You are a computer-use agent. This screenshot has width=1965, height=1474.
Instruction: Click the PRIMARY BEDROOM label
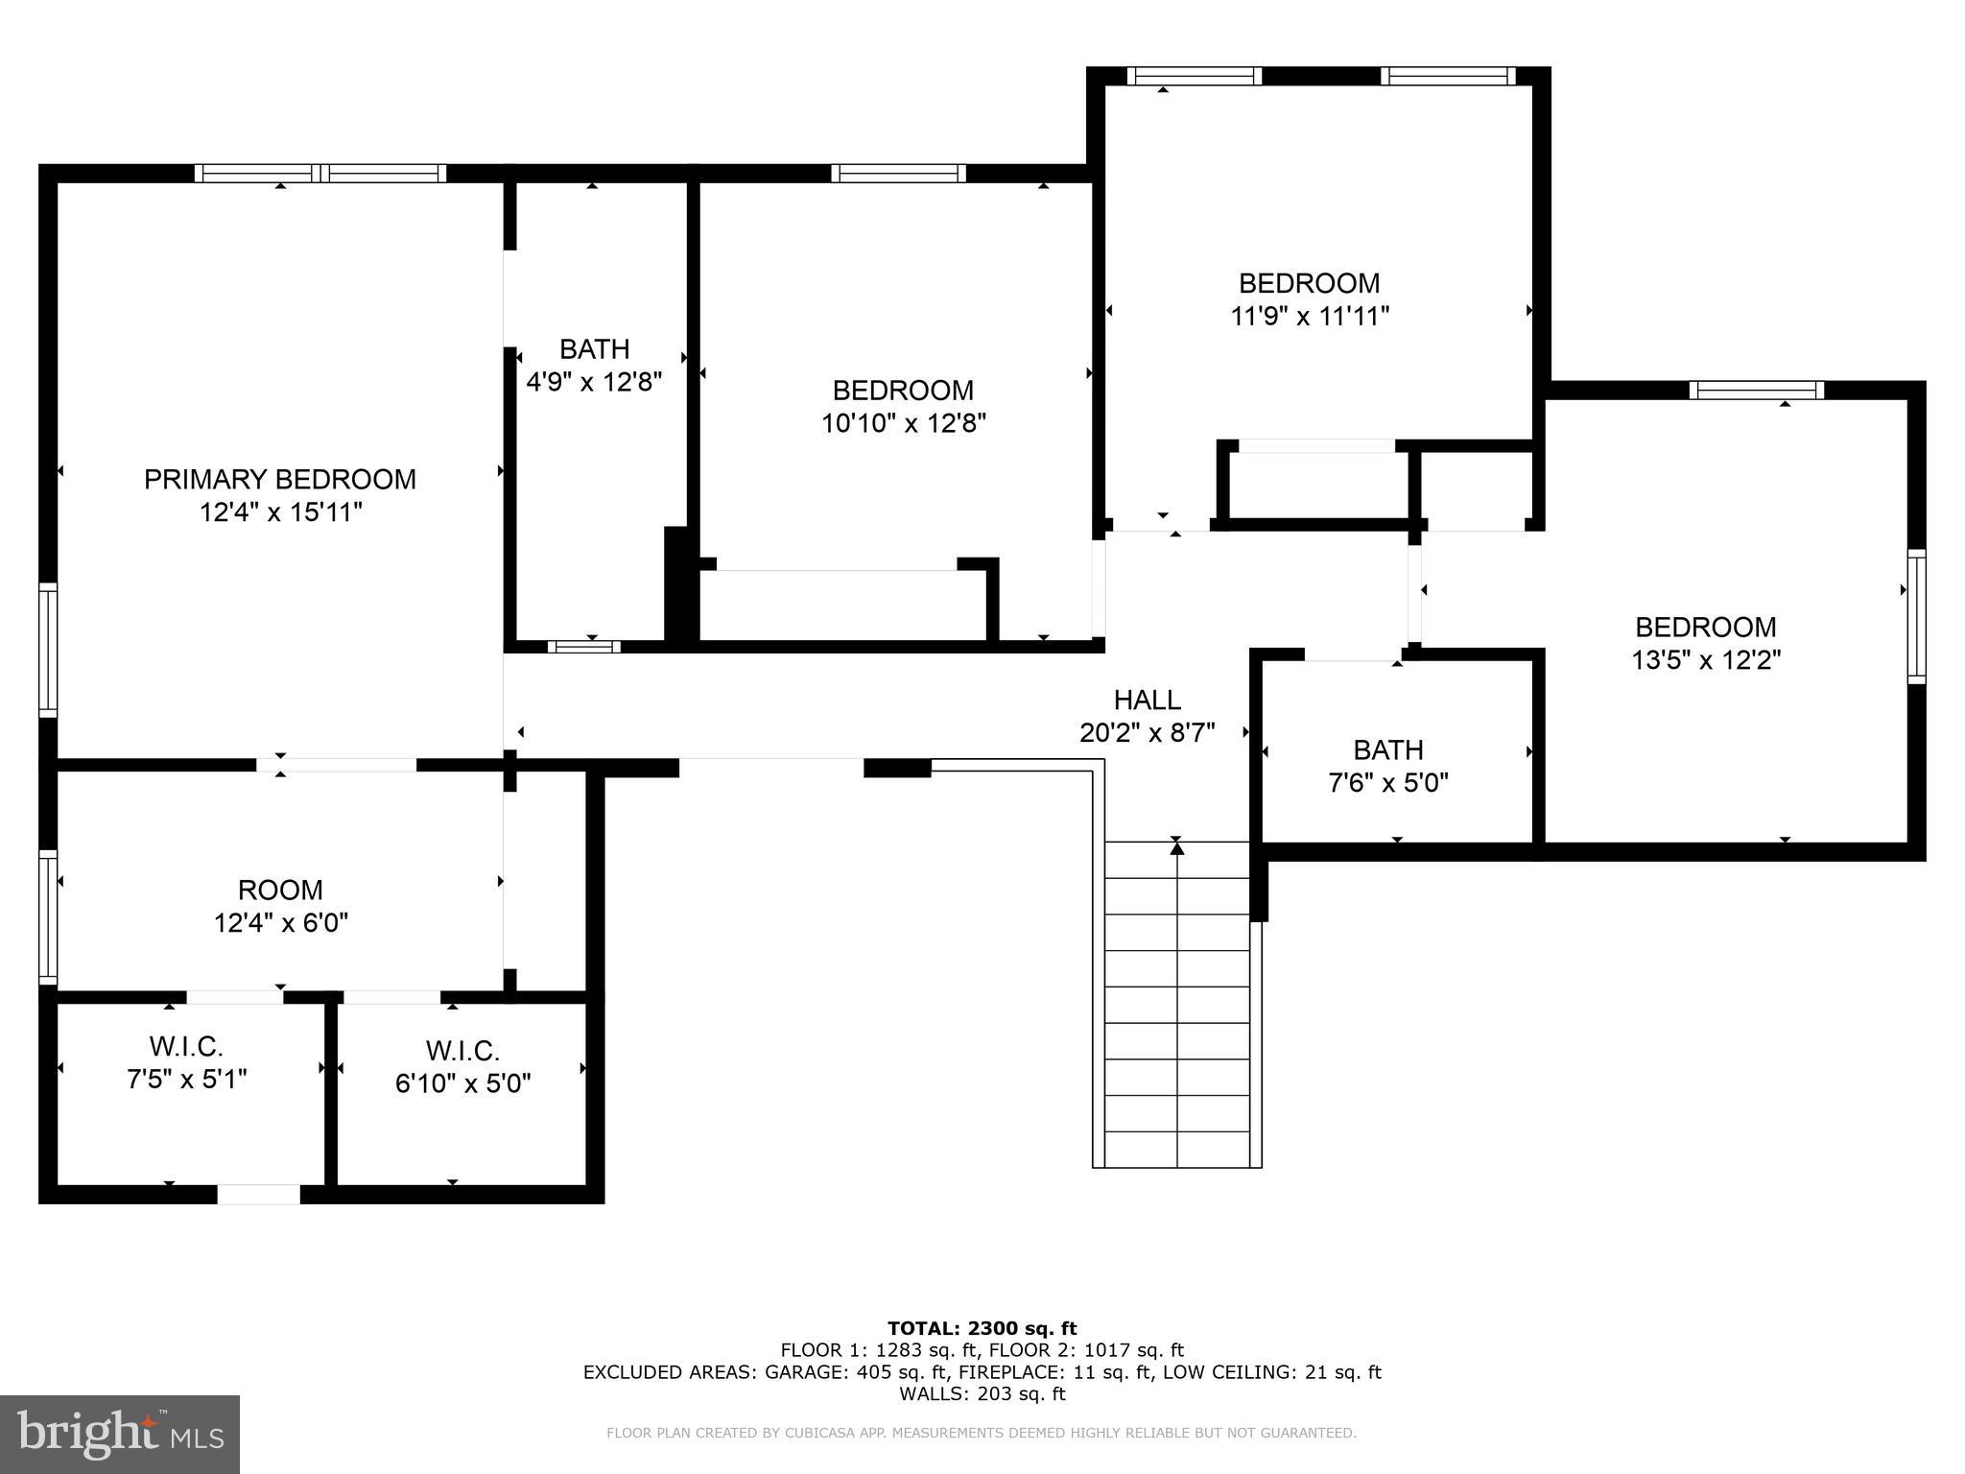pos(280,479)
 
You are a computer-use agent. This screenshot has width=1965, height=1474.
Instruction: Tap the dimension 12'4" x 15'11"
pos(280,512)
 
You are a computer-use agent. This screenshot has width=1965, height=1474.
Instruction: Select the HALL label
pos(1147,700)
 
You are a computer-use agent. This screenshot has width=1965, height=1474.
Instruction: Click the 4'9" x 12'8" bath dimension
pos(594,382)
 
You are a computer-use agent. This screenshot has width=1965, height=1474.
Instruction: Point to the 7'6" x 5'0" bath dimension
pos(1387,783)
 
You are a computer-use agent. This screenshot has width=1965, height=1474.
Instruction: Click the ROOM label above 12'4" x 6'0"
pos(280,890)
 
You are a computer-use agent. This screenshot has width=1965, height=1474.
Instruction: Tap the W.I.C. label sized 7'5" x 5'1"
pos(186,1046)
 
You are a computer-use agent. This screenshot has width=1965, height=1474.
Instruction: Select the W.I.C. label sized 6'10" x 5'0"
pos(462,1051)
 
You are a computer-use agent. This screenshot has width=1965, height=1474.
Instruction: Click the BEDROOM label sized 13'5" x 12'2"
pos(1705,627)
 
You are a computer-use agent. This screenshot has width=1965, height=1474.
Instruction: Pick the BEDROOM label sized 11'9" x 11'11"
pos(1309,283)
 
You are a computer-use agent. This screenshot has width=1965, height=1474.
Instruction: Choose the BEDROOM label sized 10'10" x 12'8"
pos(902,390)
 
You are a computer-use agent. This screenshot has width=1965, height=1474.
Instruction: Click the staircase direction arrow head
pos(1176,846)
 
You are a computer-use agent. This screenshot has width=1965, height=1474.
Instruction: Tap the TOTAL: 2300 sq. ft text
pos(982,1328)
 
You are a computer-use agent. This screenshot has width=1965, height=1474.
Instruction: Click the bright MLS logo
pos(120,1434)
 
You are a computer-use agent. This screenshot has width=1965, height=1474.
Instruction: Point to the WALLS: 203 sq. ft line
pos(982,1393)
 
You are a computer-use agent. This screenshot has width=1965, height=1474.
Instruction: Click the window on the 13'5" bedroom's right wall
pos(1915,616)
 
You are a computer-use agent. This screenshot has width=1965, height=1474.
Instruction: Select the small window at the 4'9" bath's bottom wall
pos(583,646)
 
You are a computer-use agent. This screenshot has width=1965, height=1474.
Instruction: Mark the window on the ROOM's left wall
pos(47,916)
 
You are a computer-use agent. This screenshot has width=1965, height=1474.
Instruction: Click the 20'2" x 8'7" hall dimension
pos(1147,733)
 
